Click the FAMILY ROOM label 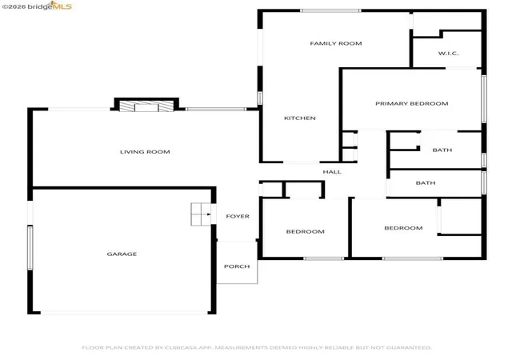(336, 43)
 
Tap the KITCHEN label (300, 118)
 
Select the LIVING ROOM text (145, 151)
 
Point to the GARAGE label (122, 254)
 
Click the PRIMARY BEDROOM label (412, 103)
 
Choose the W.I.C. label (448, 54)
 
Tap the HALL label (332, 172)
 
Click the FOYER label (238, 216)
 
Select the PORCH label (237, 266)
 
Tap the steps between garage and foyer (201, 214)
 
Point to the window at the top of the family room (330, 10)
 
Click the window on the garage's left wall (30, 248)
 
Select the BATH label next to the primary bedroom (442, 150)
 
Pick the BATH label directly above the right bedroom (426, 183)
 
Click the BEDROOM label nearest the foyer (306, 232)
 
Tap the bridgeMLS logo (37, 6)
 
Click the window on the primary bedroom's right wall (484, 99)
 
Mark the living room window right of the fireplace (216, 109)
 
